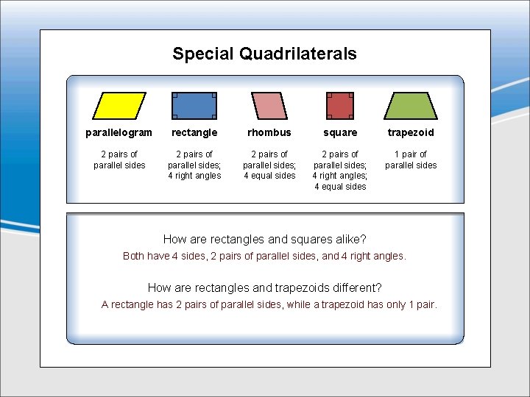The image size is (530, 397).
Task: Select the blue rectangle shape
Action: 194,106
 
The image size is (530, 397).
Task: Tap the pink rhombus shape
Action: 269,106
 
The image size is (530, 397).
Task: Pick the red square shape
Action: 340,106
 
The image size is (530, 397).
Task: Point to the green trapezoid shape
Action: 411,106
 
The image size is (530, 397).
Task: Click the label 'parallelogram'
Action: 119,133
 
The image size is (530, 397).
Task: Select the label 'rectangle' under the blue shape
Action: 194,133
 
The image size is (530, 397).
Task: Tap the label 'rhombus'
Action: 269,133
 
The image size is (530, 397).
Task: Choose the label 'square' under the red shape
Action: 340,133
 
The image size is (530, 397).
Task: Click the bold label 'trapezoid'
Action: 411,133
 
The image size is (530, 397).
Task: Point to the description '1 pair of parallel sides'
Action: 411,160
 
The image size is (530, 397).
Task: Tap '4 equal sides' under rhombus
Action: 269,176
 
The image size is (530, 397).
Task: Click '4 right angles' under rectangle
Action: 194,176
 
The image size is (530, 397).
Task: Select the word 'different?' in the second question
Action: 353,288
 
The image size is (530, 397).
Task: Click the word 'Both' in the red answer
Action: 133,256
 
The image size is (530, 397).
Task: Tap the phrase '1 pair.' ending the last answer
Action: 420,304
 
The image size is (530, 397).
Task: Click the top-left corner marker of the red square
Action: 328,95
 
